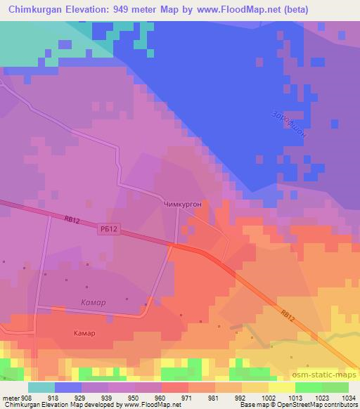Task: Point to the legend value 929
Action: (x=88, y=397)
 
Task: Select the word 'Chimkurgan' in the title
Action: (x=34, y=9)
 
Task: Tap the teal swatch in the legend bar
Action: (x=41, y=387)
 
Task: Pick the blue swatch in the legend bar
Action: (x=67, y=387)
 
